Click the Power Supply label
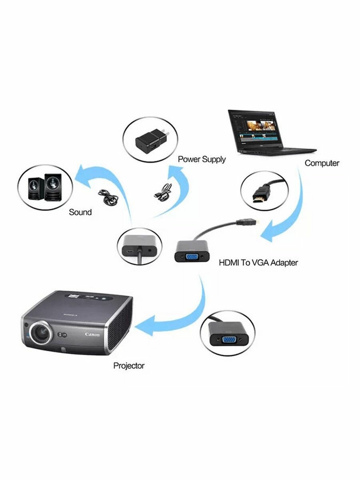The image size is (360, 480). click(202, 159)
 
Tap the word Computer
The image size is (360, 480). click(322, 163)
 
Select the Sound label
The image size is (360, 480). click(80, 212)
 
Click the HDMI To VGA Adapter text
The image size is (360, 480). click(258, 263)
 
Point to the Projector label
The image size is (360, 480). click(129, 365)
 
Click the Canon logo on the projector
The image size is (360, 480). click(92, 334)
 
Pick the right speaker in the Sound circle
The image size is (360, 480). click(53, 187)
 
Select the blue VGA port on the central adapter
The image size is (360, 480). click(192, 256)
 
